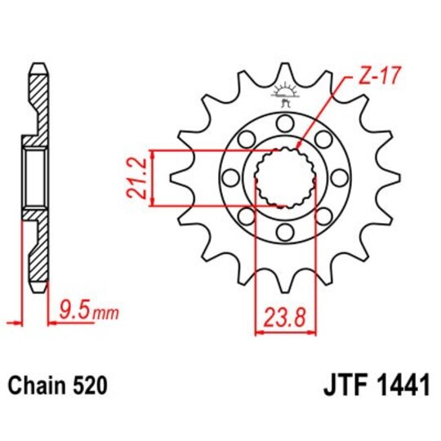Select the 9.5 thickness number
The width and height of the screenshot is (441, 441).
pos(72,310)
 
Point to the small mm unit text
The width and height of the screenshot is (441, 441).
pos(100,312)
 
